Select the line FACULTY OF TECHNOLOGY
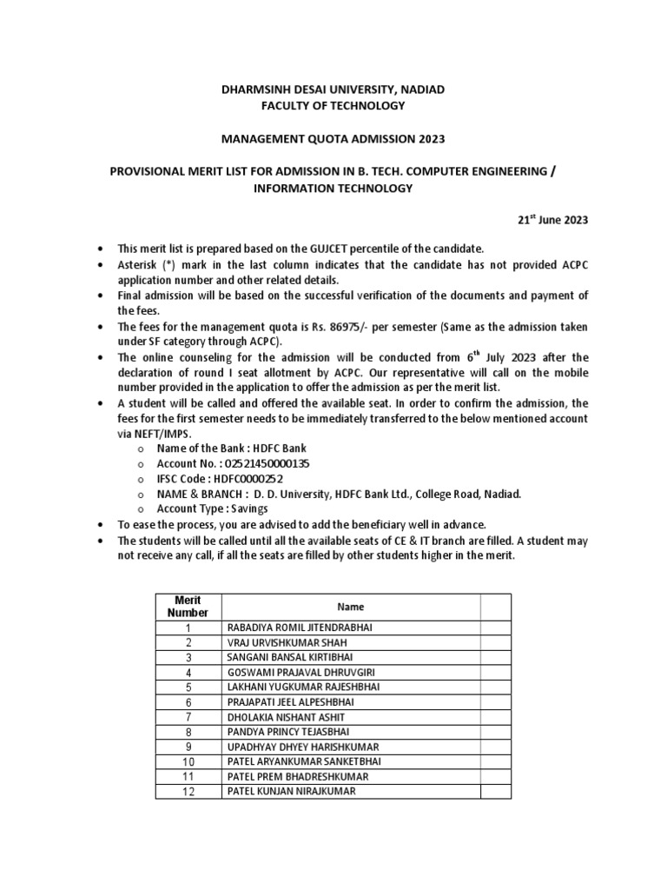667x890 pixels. (x=334, y=105)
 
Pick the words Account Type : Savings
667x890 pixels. (x=212, y=508)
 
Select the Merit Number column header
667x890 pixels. (x=188, y=607)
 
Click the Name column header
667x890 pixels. (x=351, y=607)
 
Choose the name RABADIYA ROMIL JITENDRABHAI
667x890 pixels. (x=297, y=627)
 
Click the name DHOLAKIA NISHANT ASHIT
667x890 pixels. (x=285, y=717)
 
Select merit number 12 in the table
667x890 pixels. (x=188, y=792)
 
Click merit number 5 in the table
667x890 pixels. (x=188, y=687)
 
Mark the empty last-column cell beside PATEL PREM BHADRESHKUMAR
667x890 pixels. (x=496, y=776)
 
